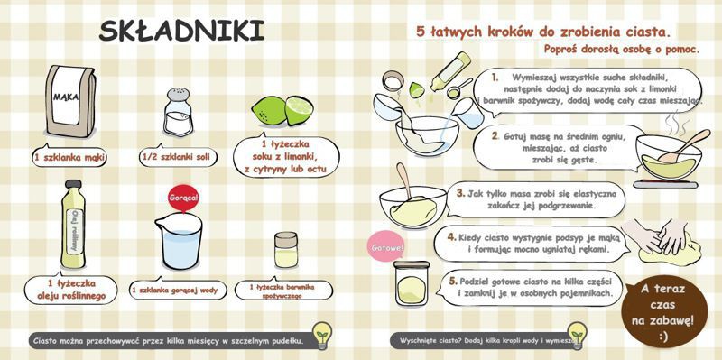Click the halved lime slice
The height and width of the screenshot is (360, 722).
[x=300, y=110]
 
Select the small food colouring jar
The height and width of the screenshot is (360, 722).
[x=286, y=251]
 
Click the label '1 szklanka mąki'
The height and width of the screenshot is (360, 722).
[x=69, y=156]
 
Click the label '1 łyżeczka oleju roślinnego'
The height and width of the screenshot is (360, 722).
[x=70, y=289]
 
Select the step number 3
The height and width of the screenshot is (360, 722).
[x=460, y=192]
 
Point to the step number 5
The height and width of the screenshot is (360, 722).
[x=454, y=280]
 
